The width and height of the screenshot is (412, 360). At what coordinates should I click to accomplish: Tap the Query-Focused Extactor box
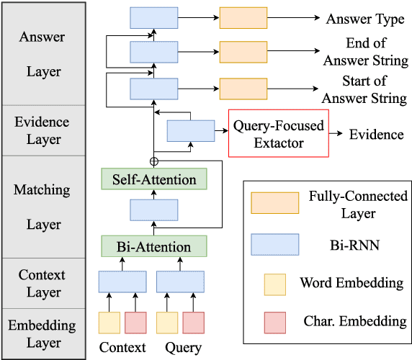tap(278, 134)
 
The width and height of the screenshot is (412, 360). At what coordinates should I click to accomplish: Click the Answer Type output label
tap(365, 19)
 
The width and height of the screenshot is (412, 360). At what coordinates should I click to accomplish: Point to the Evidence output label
tap(376, 135)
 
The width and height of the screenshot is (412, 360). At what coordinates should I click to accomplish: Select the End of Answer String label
tap(364, 51)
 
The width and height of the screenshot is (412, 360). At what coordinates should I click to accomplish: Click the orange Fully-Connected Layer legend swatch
tap(274, 204)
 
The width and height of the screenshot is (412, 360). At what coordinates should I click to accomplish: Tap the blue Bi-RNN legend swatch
tap(274, 244)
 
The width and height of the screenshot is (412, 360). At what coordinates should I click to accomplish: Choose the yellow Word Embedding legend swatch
tap(274, 282)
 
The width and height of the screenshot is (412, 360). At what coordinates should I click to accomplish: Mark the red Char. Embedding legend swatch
tap(274, 321)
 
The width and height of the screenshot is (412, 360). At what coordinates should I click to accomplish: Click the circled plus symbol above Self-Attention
tap(153, 160)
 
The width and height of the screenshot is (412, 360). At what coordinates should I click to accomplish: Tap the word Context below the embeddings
tap(122, 348)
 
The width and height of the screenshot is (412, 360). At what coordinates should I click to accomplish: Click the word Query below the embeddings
tap(183, 348)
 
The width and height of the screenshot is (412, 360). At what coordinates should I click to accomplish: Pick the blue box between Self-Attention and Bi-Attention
tap(153, 210)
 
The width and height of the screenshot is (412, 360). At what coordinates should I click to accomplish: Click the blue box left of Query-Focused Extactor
tap(191, 132)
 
